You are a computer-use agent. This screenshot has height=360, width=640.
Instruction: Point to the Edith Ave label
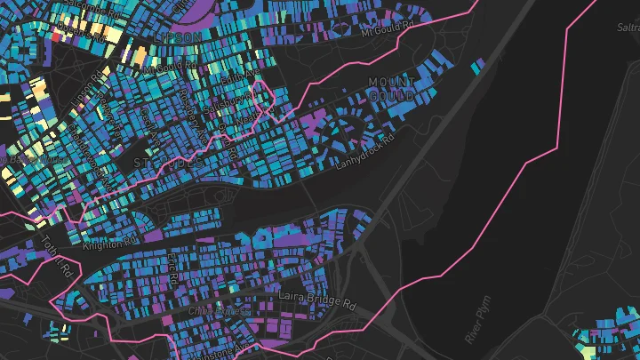238,78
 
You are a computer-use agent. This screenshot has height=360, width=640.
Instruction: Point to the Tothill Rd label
61,263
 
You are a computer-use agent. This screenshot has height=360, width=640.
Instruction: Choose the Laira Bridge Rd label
317,300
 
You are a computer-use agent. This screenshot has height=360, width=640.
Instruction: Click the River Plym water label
477,324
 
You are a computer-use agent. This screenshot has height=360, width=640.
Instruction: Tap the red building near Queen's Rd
57,37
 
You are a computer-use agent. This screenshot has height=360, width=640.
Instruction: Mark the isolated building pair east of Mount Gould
477,66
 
